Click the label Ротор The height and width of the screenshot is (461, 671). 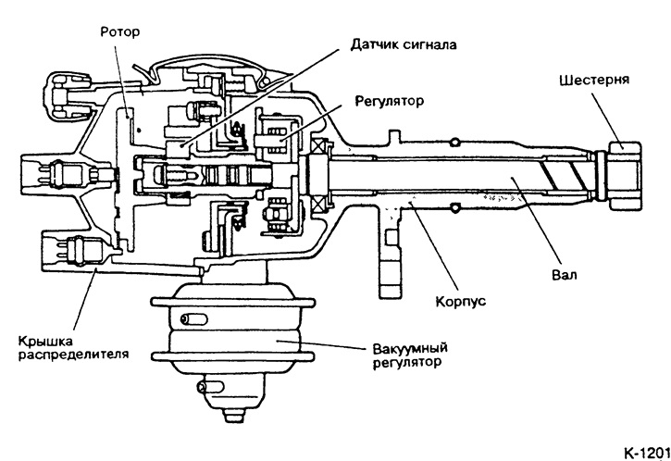pyautogui.click(x=119, y=31)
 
